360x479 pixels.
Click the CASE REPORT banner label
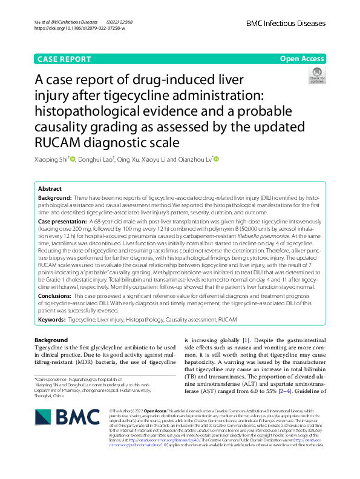[64, 59]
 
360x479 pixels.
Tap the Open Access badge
[302, 59]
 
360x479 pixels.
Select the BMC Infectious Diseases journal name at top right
[286, 23]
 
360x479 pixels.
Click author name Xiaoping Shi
[51, 159]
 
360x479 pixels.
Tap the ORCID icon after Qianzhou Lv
[215, 159]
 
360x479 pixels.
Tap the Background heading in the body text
[51, 340]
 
